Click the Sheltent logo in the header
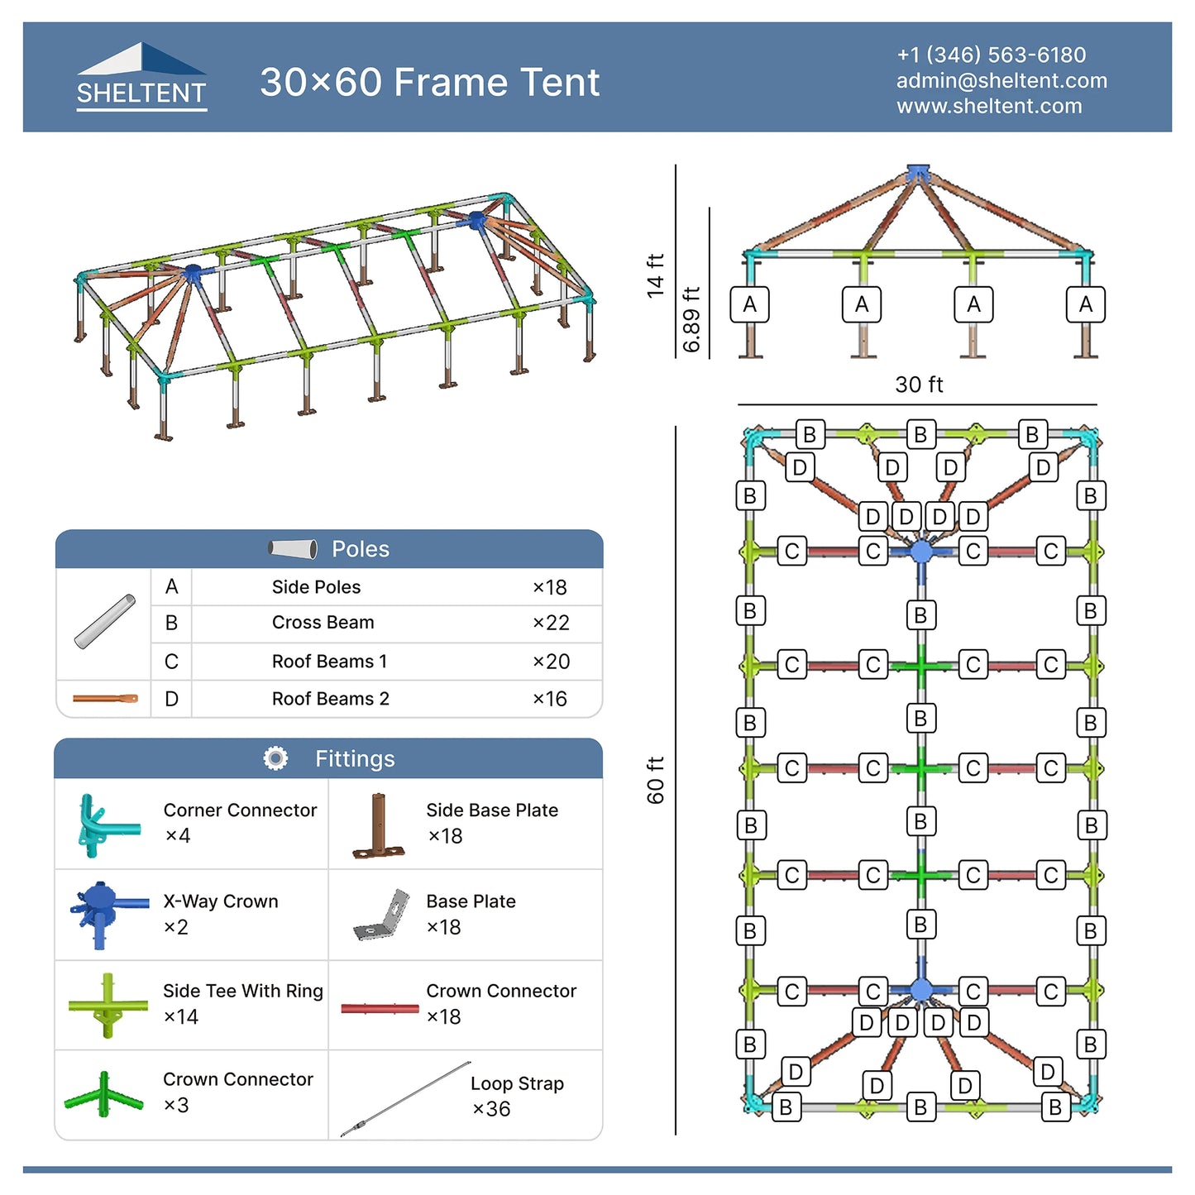[x=141, y=77]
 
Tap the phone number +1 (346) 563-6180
[x=991, y=55]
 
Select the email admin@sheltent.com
[x=1001, y=80]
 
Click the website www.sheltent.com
[x=988, y=106]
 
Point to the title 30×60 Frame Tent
[x=429, y=82]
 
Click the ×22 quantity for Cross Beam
[x=550, y=623]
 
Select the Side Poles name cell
[x=316, y=587]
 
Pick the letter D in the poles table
[x=171, y=699]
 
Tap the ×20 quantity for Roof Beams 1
[x=550, y=662]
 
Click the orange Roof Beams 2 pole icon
[x=105, y=699]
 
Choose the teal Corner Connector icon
[x=105, y=825]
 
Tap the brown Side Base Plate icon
[x=379, y=825]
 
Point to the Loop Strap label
[x=517, y=1083]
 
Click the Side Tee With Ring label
[x=242, y=991]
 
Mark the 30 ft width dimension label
[x=919, y=385]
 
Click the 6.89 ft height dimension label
[x=691, y=319]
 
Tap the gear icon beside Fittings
[x=275, y=758]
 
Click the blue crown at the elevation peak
[x=918, y=173]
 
